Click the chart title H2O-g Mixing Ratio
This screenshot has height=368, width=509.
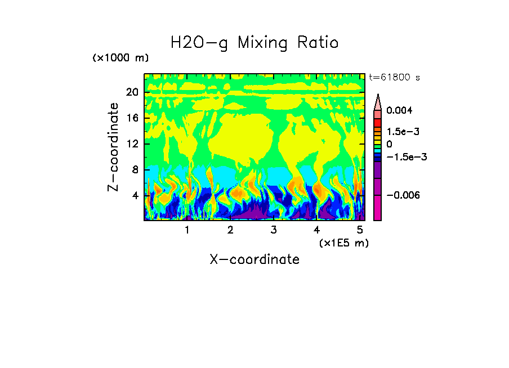[x=254, y=43]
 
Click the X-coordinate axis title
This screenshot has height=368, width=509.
[x=254, y=259]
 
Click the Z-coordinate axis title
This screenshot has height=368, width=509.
[x=114, y=147]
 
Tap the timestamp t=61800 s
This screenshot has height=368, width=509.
[x=394, y=77]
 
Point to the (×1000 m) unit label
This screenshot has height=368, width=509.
[x=120, y=59]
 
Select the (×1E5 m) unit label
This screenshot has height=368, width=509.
[x=343, y=243]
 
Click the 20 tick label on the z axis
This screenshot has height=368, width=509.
[x=132, y=92]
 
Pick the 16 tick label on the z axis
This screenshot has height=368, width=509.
[x=132, y=118]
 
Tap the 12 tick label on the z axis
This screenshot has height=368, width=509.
[x=132, y=144]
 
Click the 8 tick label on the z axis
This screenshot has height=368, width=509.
[x=135, y=170]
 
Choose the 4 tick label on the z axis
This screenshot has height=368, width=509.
[x=135, y=196]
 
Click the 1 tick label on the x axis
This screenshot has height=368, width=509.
[x=187, y=230]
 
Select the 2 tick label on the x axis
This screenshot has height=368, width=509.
[x=230, y=230]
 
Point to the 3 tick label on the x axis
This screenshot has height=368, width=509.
[x=274, y=230]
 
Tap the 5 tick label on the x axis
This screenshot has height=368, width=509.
[x=360, y=230]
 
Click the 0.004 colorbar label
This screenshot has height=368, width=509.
[x=400, y=111]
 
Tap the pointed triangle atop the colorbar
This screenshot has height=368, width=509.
[x=378, y=101]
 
